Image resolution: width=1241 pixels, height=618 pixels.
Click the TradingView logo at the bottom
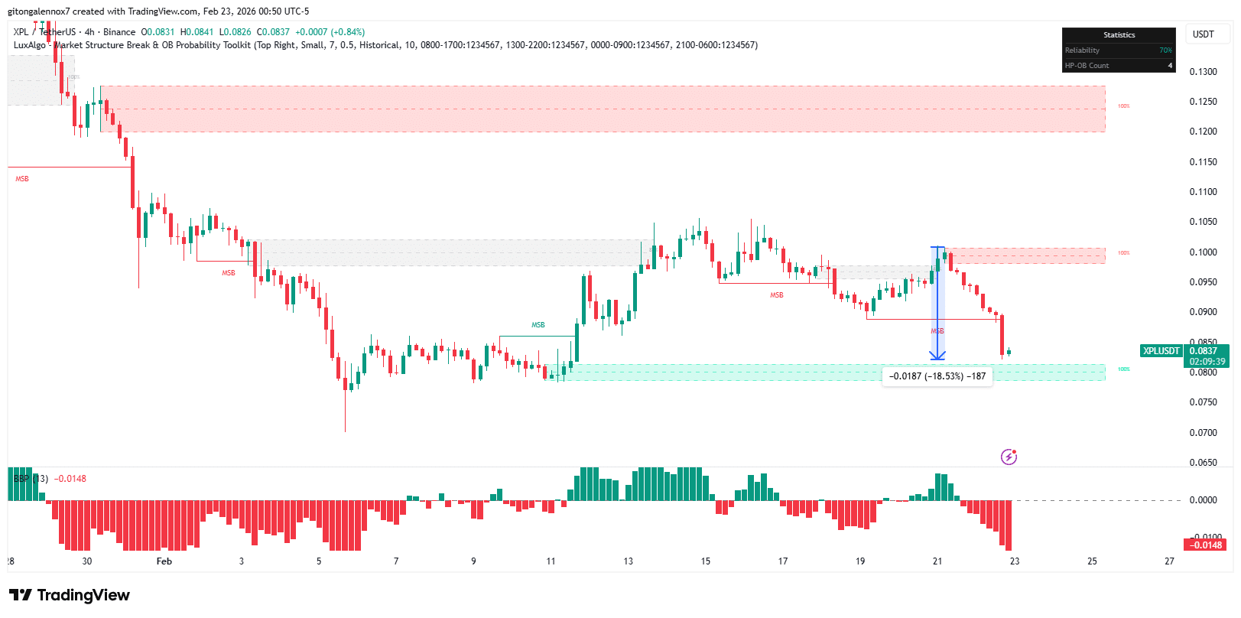[x=69, y=595]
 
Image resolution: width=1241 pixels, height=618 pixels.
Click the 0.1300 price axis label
[x=1203, y=72]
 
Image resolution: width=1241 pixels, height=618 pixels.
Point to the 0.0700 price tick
[x=1203, y=433]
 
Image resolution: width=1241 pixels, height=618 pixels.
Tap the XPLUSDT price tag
[x=1161, y=351]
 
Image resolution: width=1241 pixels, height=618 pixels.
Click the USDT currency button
[x=1203, y=34]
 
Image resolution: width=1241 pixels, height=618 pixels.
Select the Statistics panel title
[x=1119, y=35]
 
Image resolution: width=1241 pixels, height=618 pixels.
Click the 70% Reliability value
[x=1165, y=50]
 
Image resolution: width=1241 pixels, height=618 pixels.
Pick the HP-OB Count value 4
[x=1170, y=66]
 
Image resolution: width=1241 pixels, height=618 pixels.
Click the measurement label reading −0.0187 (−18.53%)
[x=937, y=376]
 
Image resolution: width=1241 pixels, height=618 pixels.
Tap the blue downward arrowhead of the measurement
[x=937, y=356]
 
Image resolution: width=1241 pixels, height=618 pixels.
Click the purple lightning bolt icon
[x=1009, y=457]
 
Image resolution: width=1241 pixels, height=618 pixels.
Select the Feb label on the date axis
[x=164, y=561]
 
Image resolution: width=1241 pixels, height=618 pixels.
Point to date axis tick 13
[x=629, y=561]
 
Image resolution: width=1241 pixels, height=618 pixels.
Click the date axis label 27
[x=1169, y=561]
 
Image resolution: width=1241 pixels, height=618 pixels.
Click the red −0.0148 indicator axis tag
[x=1205, y=545]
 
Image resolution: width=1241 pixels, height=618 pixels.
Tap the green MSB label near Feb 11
[x=538, y=325]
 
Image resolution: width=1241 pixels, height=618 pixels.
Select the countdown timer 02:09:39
[x=1207, y=362]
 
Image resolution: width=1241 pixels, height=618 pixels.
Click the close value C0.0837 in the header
[x=274, y=32]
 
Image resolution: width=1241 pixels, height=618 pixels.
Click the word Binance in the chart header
[x=119, y=32]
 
